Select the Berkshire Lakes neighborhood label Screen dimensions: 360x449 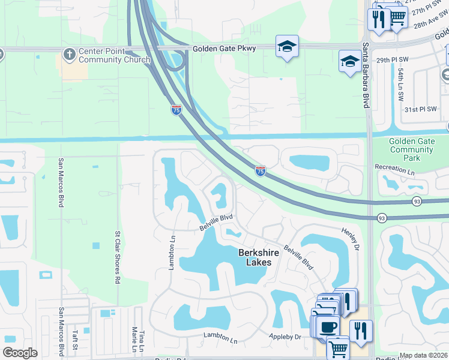[259, 257]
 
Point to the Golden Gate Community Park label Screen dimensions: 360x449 [411, 149]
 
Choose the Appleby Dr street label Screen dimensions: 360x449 [285, 337]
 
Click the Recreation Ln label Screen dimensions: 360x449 [394, 171]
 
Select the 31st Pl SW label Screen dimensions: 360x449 [419, 110]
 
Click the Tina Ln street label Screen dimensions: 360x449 [142, 340]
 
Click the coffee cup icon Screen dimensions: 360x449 [328, 327]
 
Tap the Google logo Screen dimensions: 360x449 [20, 353]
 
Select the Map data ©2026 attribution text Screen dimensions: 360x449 [423, 355]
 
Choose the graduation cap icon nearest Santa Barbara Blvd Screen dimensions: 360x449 [349, 61]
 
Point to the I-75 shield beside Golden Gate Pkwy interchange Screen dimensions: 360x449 [175, 111]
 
